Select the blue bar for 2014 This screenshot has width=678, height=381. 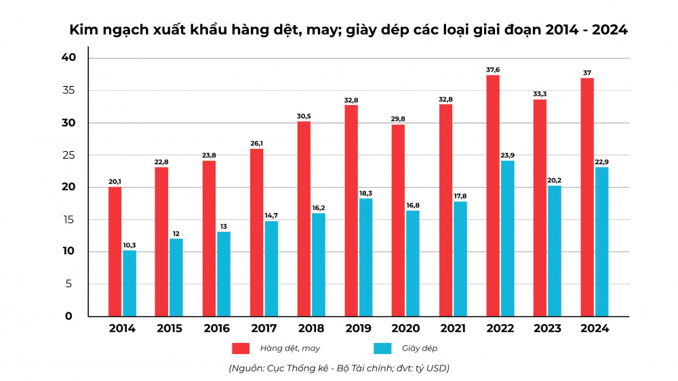[129, 283]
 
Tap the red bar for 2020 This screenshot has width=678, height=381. [398, 220]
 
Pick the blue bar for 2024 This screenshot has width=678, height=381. [602, 241]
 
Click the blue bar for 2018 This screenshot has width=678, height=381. [319, 264]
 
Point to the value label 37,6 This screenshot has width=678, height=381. [493, 69]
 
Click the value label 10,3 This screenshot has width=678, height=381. [129, 245]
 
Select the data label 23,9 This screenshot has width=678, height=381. [506, 155]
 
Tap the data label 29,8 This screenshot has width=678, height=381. [398, 119]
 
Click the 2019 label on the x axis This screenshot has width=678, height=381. [358, 329]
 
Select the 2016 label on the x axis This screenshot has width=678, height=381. [216, 329]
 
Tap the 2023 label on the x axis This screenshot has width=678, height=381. [547, 329]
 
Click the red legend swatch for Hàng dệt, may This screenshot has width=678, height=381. [241, 348]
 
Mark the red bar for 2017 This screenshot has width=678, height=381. [256, 232]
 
